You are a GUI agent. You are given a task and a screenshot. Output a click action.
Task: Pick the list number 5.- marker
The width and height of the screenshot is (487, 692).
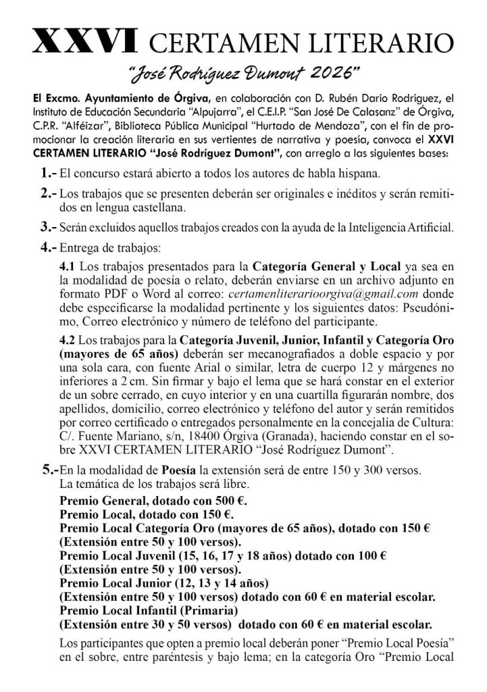49,468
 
